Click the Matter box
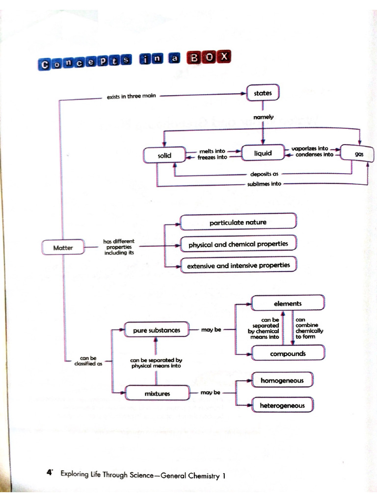tap(63, 247)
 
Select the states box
tap(263, 93)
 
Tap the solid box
tap(164, 155)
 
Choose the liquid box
tap(263, 153)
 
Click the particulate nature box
tap(238, 222)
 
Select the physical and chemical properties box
tap(238, 244)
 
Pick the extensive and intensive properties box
tap(238, 265)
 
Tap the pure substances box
tap(157, 329)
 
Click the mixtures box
tap(157, 393)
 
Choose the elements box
tap(288, 303)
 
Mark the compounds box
tap(288, 353)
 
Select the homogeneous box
tap(282, 380)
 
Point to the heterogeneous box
tap(282, 404)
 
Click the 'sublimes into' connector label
tap(264, 184)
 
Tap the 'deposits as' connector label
tap(264, 174)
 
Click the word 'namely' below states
tap(263, 117)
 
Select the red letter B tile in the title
tap(194, 58)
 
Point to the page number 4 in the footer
tap(50, 472)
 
